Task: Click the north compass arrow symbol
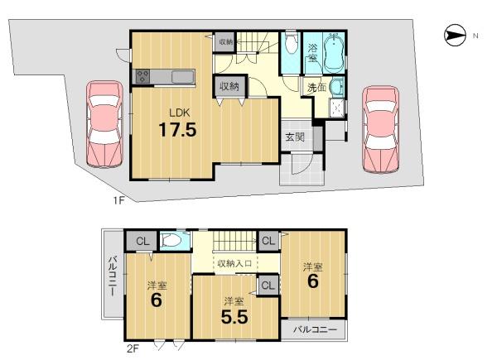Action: [x=455, y=35]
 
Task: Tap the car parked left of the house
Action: [x=104, y=124]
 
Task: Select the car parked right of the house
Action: [x=381, y=129]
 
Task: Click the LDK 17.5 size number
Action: [x=177, y=129]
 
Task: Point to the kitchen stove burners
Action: [x=142, y=77]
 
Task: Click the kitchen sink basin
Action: [x=183, y=77]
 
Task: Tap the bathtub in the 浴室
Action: [x=334, y=53]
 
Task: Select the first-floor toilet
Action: [x=291, y=43]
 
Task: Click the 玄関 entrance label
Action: [x=295, y=137]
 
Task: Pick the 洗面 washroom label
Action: [x=316, y=88]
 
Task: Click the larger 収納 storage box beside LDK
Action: [x=229, y=85]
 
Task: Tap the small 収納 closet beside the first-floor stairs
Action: [x=225, y=41]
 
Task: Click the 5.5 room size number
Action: [x=234, y=317]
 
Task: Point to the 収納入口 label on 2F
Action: [x=234, y=263]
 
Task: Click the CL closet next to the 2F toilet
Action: [x=142, y=242]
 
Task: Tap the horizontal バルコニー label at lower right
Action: [x=315, y=329]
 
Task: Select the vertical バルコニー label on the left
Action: [x=113, y=276]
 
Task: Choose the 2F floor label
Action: [x=133, y=348]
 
